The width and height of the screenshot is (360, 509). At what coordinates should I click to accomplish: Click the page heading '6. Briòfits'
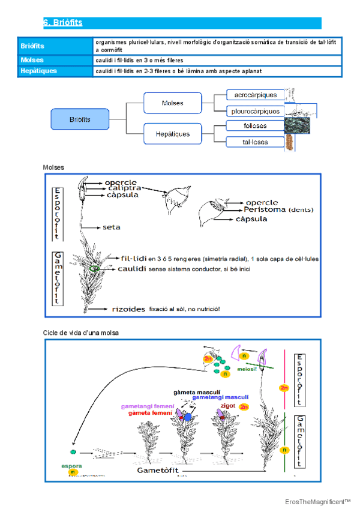tap(62, 23)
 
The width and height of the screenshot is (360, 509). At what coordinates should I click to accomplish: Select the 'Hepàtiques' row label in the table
tap(39, 71)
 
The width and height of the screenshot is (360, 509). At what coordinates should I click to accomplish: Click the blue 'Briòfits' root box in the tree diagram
tap(80, 119)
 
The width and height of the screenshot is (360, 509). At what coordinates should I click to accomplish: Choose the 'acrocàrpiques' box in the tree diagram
tap(256, 95)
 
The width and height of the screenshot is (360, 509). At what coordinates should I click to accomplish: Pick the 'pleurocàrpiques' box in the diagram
tap(256, 111)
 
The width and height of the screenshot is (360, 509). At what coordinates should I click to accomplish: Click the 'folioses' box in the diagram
tap(256, 126)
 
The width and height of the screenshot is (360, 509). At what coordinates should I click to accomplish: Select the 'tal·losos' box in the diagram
tap(256, 142)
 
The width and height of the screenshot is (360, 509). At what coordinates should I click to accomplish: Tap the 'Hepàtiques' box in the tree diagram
tap(173, 134)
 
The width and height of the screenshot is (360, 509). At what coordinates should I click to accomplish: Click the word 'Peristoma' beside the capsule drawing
tap(265, 210)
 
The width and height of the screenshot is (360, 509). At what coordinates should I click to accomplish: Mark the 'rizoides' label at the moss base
tap(128, 309)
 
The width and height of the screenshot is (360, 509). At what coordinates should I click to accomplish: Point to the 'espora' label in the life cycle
tap(72, 465)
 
